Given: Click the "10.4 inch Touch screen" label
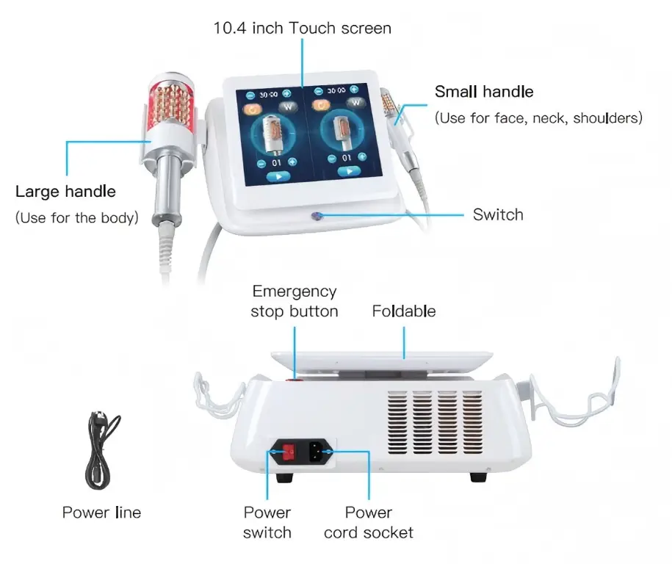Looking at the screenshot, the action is (302, 28).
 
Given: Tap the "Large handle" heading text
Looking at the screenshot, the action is (65, 191).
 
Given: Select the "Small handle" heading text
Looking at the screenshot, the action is (484, 91).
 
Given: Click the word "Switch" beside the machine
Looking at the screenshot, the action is (498, 214).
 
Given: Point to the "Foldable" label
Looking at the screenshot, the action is (404, 311).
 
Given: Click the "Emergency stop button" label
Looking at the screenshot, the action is (295, 301).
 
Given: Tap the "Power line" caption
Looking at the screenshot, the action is (101, 512).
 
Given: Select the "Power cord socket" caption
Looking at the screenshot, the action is (369, 522).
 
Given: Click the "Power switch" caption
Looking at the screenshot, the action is (267, 522).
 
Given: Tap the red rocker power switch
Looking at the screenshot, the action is (289, 452).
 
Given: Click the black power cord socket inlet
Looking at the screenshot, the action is (316, 452).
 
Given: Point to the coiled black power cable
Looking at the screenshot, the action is (101, 450).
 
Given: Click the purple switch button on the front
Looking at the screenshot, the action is (317, 217).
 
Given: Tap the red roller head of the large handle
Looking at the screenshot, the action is (171, 103).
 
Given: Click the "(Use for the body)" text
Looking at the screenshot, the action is (76, 217).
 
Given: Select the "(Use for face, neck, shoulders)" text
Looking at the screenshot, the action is (539, 117).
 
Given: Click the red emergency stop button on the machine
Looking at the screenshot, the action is (295, 379).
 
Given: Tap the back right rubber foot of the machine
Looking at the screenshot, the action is (479, 477).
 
